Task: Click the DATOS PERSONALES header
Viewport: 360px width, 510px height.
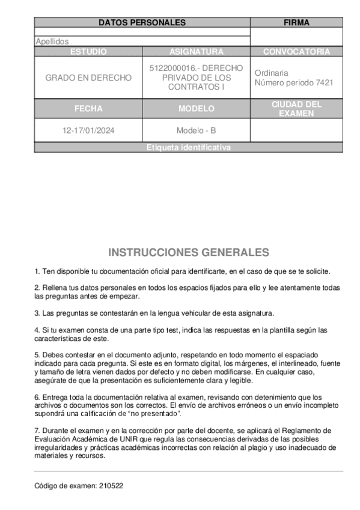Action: tap(142, 23)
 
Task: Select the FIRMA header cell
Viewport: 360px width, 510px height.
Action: tap(296, 23)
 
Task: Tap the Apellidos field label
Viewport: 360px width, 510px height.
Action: tap(52, 41)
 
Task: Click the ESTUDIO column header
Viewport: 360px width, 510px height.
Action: tap(88, 52)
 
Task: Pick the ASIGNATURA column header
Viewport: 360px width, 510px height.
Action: tap(196, 52)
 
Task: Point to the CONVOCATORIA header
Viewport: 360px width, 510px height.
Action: tap(296, 52)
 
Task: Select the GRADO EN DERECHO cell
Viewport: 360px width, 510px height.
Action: tap(88, 78)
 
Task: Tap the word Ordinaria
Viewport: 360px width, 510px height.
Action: tap(271, 73)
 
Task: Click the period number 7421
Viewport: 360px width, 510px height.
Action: tap(325, 82)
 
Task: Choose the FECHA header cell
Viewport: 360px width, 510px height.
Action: tap(88, 109)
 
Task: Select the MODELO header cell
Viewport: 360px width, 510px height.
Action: tap(196, 109)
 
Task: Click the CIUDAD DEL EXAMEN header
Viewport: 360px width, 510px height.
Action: tap(296, 109)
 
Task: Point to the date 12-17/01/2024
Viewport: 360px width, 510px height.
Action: tap(88, 130)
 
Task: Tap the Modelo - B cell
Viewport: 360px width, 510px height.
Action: tap(196, 130)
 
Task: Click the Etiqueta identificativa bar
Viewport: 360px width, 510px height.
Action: tap(188, 147)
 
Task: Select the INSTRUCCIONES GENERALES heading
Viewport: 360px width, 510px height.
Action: tap(188, 252)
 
